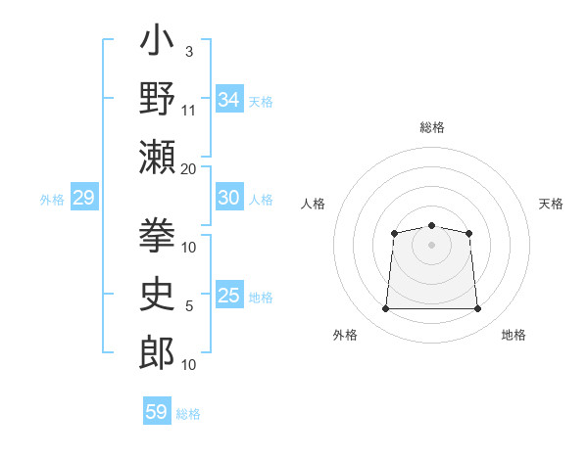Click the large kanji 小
(157, 39)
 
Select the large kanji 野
(157, 98)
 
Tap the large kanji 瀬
(157, 157)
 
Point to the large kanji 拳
(157, 235)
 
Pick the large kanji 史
(157, 294)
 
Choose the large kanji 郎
(157, 352)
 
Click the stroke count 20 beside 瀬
(188, 169)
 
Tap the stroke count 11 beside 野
(188, 111)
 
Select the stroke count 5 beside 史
(189, 306)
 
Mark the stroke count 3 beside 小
(189, 52)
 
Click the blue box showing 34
(229, 99)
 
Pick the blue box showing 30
(229, 197)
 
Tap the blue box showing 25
(229, 294)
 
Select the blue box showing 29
(84, 197)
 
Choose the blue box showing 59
(157, 410)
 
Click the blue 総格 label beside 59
(188, 414)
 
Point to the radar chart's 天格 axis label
(551, 204)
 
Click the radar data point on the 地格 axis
(477, 308)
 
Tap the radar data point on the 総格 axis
(431, 225)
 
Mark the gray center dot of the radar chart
(431, 245)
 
